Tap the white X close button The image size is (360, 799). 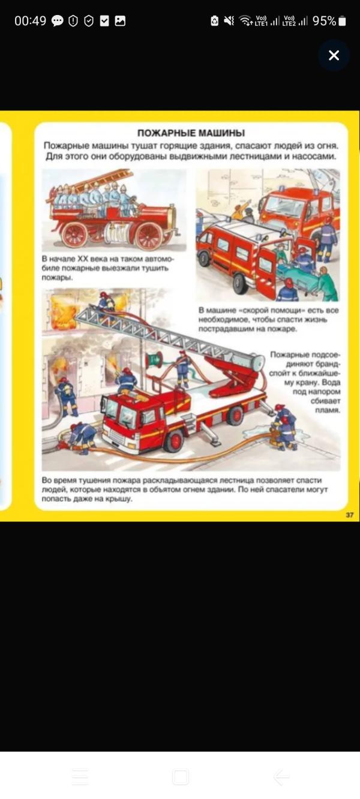pyautogui.click(x=334, y=55)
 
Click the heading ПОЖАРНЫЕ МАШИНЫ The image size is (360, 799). pyautogui.click(x=191, y=133)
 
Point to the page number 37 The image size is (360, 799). pyautogui.click(x=350, y=515)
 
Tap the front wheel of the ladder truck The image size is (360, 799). pyautogui.click(x=175, y=441)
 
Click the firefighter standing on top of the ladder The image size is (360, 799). pyautogui.click(x=106, y=304)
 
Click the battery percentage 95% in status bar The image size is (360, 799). pyautogui.click(x=324, y=21)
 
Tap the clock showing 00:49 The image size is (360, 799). pyautogui.click(x=30, y=21)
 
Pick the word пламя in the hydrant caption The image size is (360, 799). pyautogui.click(x=329, y=411)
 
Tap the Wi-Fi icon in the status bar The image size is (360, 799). pyautogui.click(x=245, y=21)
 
